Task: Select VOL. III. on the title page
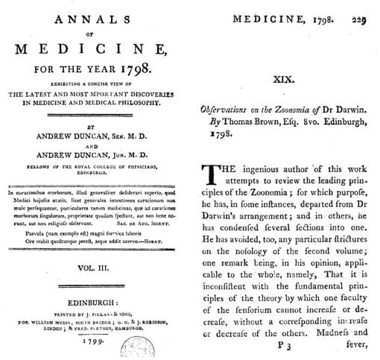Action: pyautogui.click(x=92, y=265)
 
